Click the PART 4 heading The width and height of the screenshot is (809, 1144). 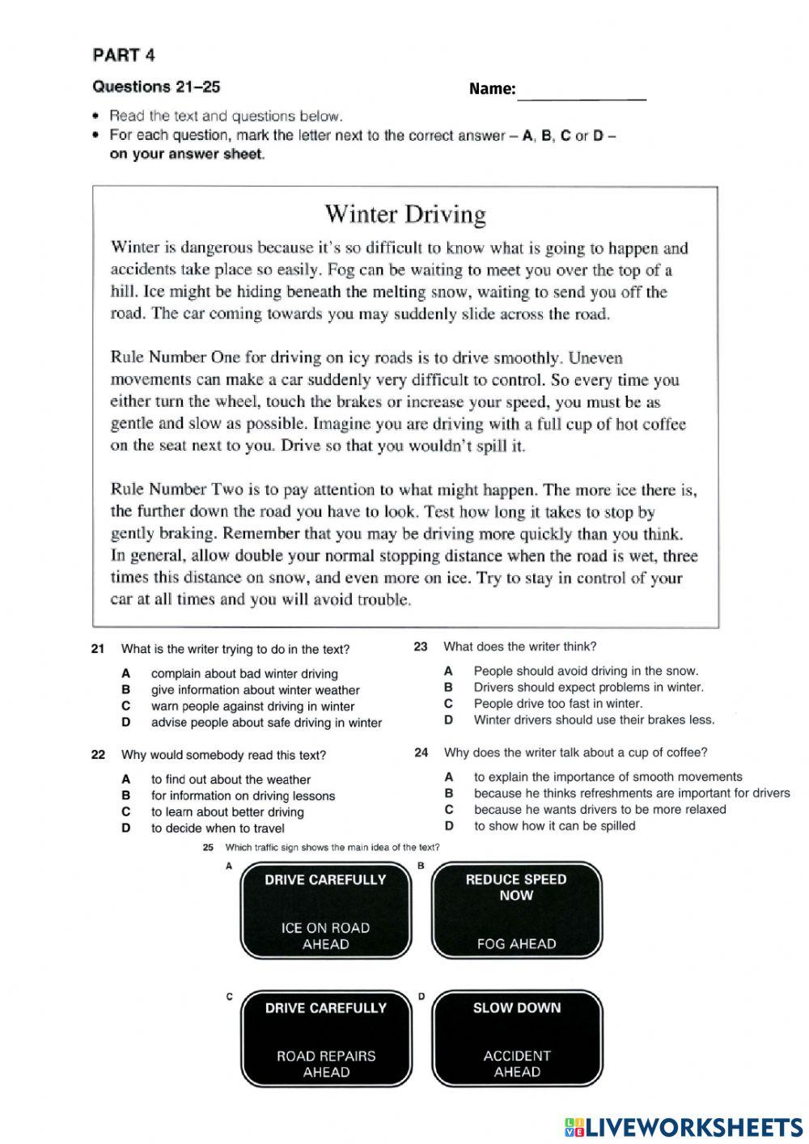pos(124,55)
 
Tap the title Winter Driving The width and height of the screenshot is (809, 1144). pos(405,214)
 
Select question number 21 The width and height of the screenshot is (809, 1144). pos(98,649)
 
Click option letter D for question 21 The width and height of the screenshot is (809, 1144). pos(125,722)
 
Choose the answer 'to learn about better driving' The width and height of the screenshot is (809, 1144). pos(227,811)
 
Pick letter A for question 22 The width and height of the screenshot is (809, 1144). pos(125,779)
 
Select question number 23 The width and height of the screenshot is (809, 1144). pos(421,646)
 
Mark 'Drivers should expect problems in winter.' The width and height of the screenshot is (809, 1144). pos(588,687)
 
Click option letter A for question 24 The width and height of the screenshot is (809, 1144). pos(449,777)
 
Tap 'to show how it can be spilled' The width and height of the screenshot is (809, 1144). pos(554,825)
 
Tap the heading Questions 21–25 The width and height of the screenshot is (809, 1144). pos(156,87)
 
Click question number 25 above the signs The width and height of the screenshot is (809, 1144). pos(208,847)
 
